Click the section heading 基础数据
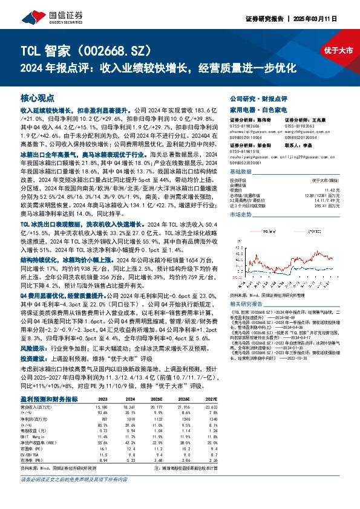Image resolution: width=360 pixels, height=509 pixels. point(241,172)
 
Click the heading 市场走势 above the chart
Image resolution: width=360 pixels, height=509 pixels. point(241,215)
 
